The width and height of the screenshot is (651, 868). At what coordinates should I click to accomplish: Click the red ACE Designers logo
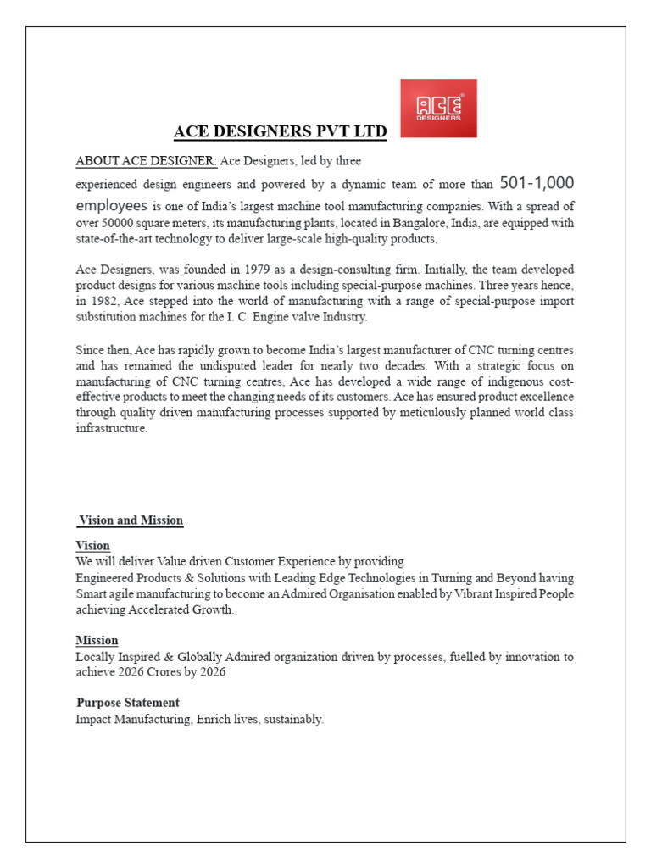pos(438,108)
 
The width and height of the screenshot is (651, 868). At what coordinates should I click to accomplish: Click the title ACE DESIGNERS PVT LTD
pos(280,131)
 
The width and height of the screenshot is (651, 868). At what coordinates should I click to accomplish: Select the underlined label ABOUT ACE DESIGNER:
pos(147,161)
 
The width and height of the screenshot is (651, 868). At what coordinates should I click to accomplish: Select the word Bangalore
pos(384,223)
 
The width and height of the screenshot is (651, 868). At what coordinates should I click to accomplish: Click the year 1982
pos(105,301)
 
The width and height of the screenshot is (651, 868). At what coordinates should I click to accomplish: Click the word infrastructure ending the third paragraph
pos(111,428)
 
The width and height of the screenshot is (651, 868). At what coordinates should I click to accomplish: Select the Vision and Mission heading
pos(131,520)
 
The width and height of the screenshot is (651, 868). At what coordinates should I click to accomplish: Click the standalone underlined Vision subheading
pos(92,545)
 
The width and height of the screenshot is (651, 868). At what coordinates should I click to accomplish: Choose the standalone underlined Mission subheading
pos(97,640)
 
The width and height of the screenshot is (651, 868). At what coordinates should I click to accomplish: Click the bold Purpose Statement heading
pos(128,703)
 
